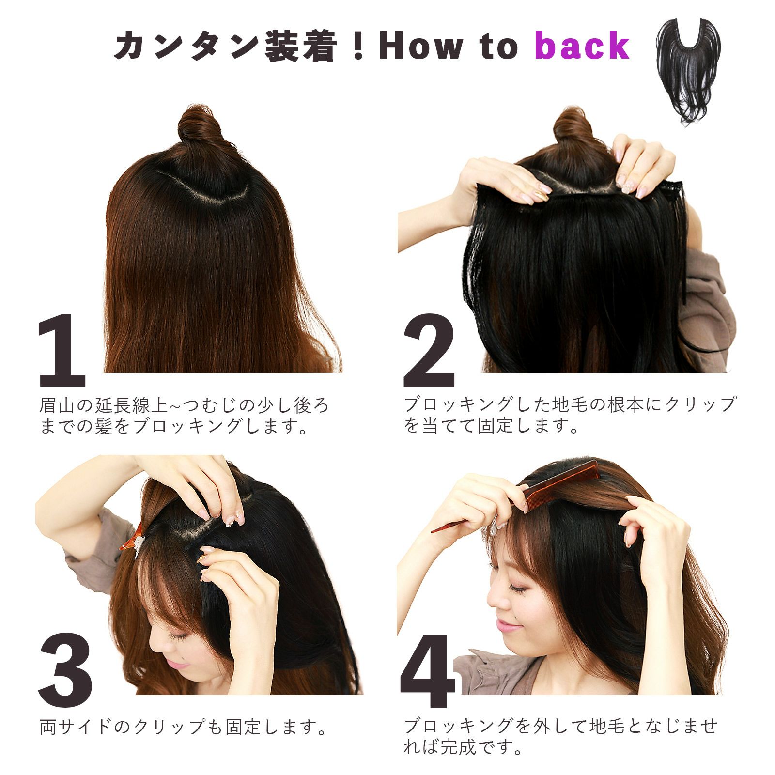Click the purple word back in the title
click(x=582, y=46)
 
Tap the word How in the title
click(x=421, y=46)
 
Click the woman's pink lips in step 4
click(x=507, y=627)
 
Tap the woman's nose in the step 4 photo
click(x=494, y=602)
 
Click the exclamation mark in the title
click(x=358, y=47)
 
